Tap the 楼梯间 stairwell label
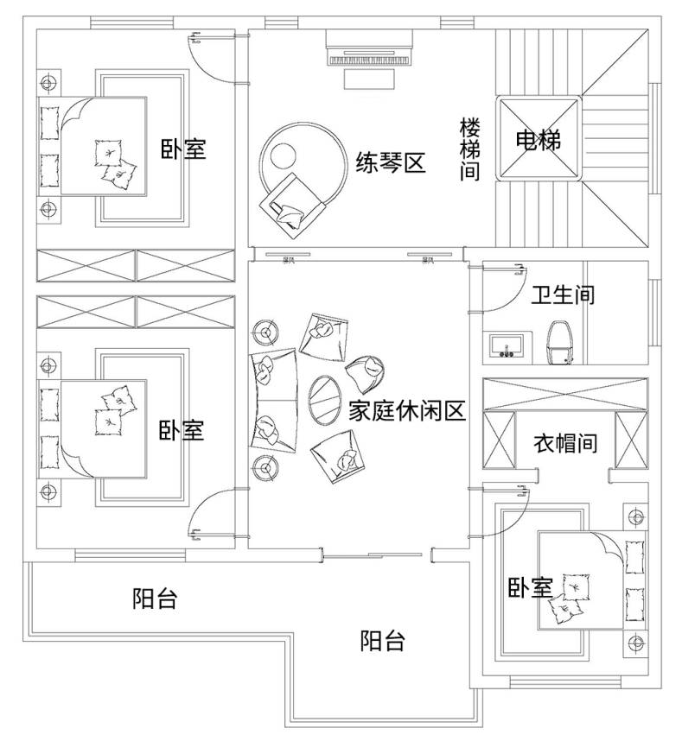(468, 149)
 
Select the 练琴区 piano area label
(391, 162)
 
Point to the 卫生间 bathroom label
(563, 295)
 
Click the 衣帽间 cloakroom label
(564, 444)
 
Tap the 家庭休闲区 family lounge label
(407, 410)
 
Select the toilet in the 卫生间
(562, 343)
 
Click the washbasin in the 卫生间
(507, 345)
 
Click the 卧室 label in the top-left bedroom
(183, 149)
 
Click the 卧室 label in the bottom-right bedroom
(529, 588)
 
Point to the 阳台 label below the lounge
(382, 641)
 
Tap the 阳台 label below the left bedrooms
(155, 598)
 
